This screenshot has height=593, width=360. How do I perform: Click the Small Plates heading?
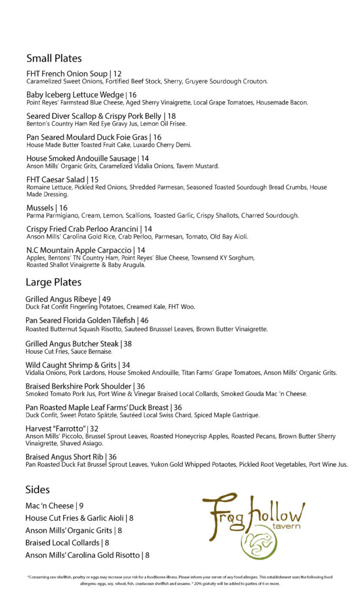point(54,58)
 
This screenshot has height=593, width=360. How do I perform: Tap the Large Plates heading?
point(53,283)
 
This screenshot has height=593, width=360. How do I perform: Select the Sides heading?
point(37,489)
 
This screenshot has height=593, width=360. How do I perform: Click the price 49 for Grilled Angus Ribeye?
point(106,299)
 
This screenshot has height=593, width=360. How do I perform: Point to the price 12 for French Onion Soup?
point(117,74)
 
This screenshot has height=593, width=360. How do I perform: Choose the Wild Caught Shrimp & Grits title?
point(69,365)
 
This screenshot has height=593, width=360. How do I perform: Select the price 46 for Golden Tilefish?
point(144,320)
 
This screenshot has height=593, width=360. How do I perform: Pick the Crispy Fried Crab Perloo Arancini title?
point(80,229)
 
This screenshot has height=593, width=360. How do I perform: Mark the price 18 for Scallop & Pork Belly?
point(171,116)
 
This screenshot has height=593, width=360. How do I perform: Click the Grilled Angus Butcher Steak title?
point(72,343)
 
